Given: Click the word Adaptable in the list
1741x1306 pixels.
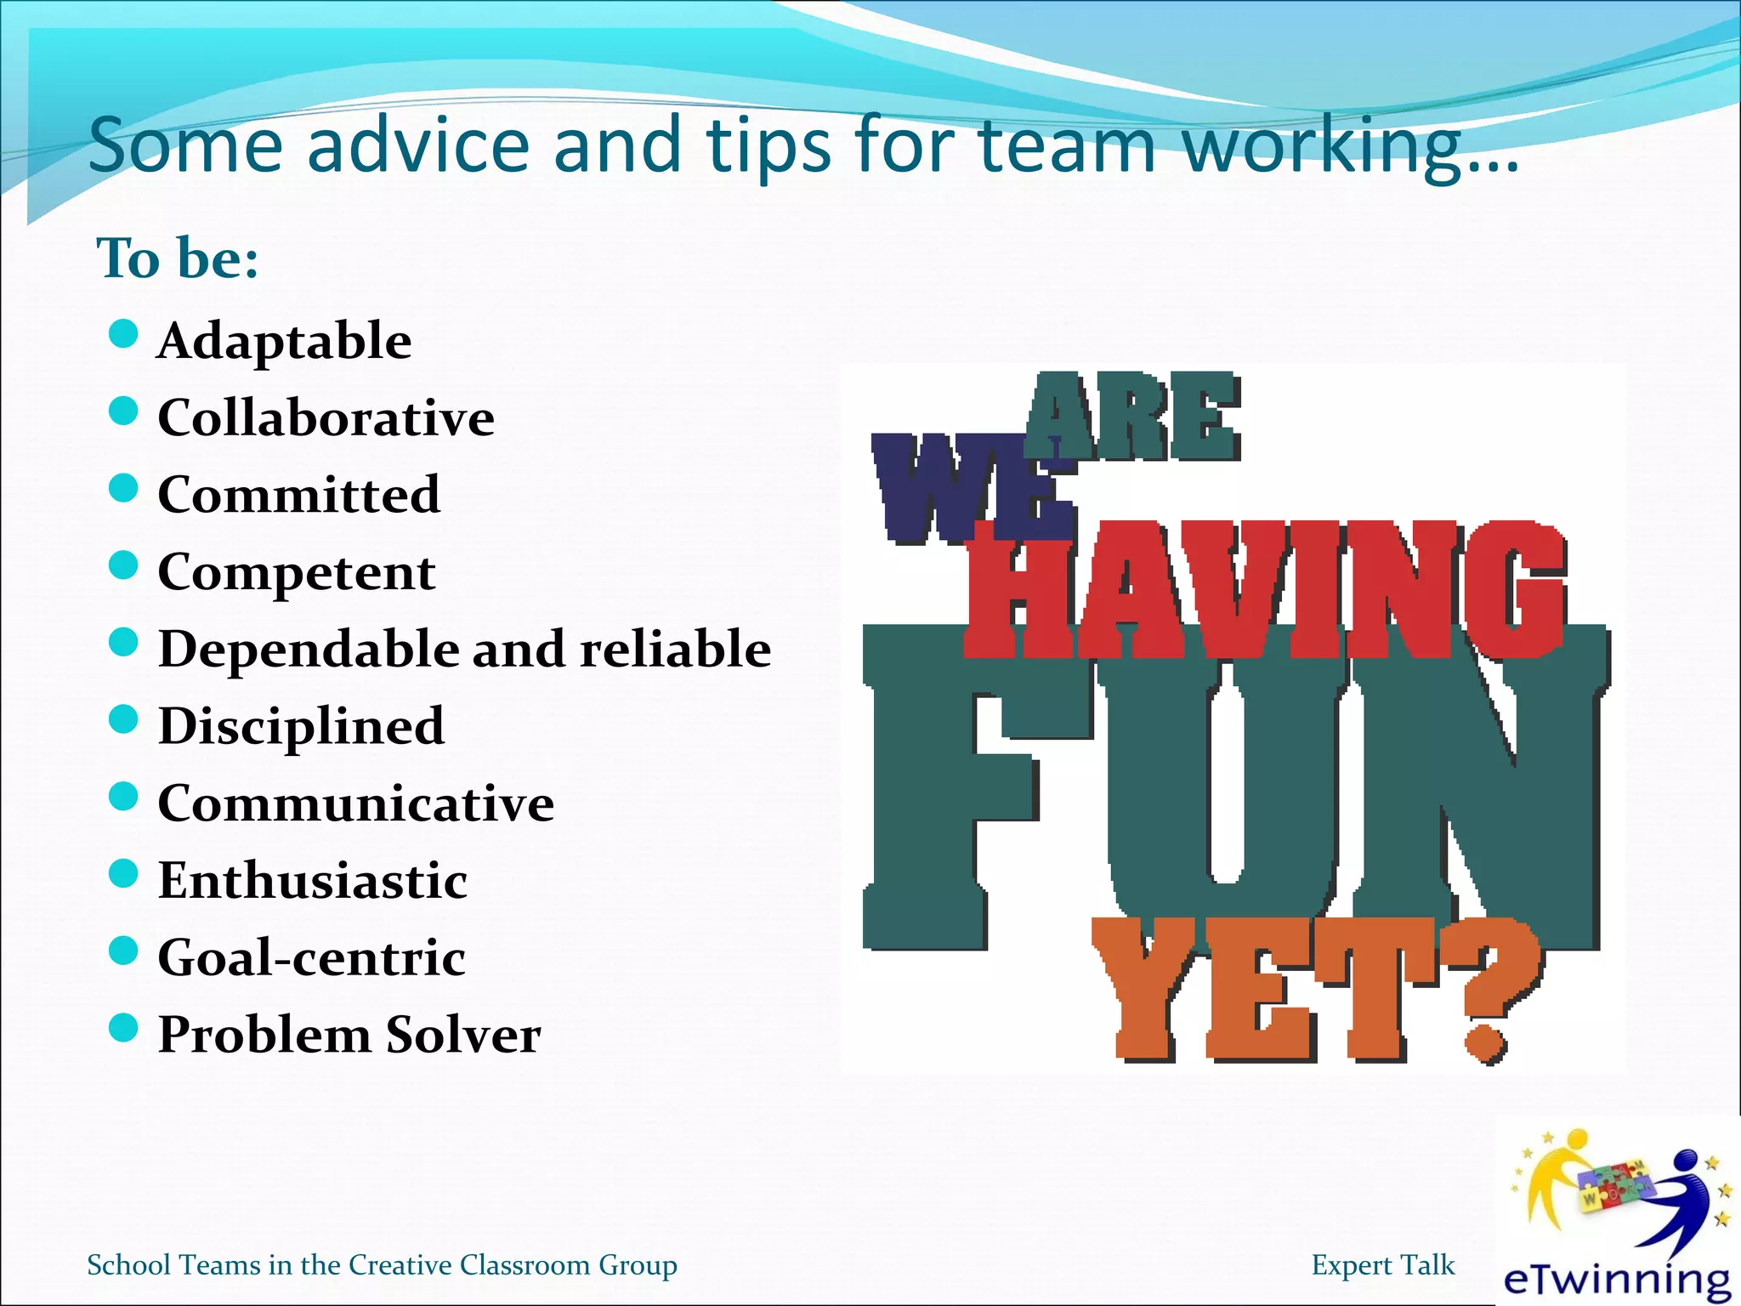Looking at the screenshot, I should tap(284, 342).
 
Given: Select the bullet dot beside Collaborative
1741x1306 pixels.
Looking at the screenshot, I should tap(124, 412).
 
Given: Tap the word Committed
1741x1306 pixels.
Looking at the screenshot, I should tap(299, 495).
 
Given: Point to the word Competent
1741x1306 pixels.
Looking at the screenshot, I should tap(297, 572).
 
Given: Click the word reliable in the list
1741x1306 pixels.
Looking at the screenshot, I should tap(675, 650).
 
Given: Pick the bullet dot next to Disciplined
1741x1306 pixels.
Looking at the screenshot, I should tap(124, 720).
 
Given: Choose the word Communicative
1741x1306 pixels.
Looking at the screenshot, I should tap(355, 803).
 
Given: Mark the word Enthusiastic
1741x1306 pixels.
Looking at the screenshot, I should tap(312, 881).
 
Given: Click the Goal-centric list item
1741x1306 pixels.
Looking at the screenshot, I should tap(311, 958).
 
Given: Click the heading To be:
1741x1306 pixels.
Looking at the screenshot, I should tap(178, 258).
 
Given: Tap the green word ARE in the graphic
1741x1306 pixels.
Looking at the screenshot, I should tap(1132, 417).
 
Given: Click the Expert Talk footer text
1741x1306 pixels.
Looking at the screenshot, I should tap(1382, 1265).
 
